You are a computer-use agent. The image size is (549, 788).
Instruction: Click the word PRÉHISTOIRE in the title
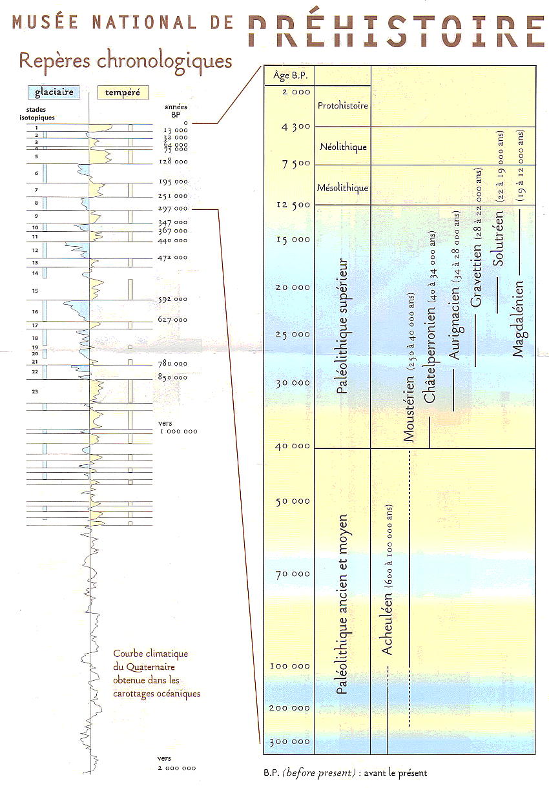point(395,26)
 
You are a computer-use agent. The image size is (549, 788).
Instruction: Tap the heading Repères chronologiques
point(125,61)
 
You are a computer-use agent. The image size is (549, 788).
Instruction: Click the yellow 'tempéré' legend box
point(123,92)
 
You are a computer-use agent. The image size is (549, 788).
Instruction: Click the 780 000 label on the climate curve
point(173,364)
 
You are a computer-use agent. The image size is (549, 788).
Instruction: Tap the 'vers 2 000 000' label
point(176,763)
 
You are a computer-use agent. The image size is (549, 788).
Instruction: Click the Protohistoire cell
point(343,105)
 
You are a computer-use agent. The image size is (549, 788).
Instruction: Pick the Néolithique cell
point(343,147)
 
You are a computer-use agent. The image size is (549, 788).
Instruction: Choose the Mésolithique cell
point(343,188)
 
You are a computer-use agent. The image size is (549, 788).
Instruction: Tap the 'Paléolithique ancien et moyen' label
point(342,604)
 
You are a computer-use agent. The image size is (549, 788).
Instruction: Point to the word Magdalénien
point(518,316)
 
